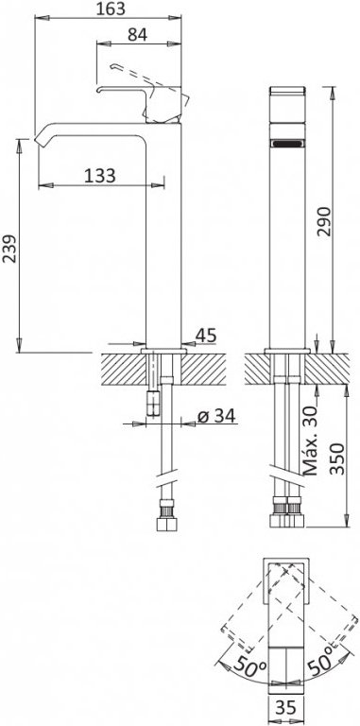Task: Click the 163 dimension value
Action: (x=111, y=9)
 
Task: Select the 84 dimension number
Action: (x=137, y=34)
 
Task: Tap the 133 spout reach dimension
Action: (x=100, y=176)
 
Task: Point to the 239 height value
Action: (x=9, y=249)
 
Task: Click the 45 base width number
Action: (x=206, y=336)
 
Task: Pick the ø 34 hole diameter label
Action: (x=216, y=416)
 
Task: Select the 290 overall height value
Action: (x=325, y=222)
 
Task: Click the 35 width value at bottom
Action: (x=287, y=707)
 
